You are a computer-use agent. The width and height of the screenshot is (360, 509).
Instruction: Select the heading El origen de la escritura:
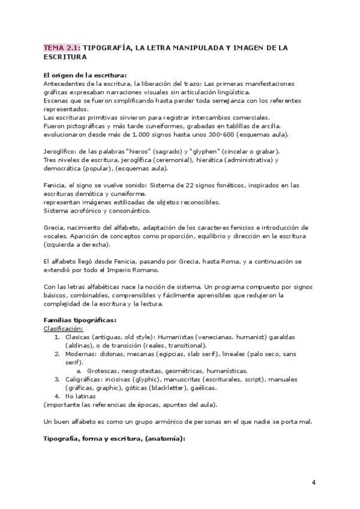pyautogui.click(x=85, y=75)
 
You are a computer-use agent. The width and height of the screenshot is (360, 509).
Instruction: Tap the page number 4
pyautogui.click(x=314, y=483)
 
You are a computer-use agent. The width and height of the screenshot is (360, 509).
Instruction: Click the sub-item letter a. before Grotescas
pyautogui.click(x=80, y=371)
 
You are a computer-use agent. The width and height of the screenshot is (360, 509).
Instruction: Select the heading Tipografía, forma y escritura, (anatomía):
pyautogui.click(x=114, y=438)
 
